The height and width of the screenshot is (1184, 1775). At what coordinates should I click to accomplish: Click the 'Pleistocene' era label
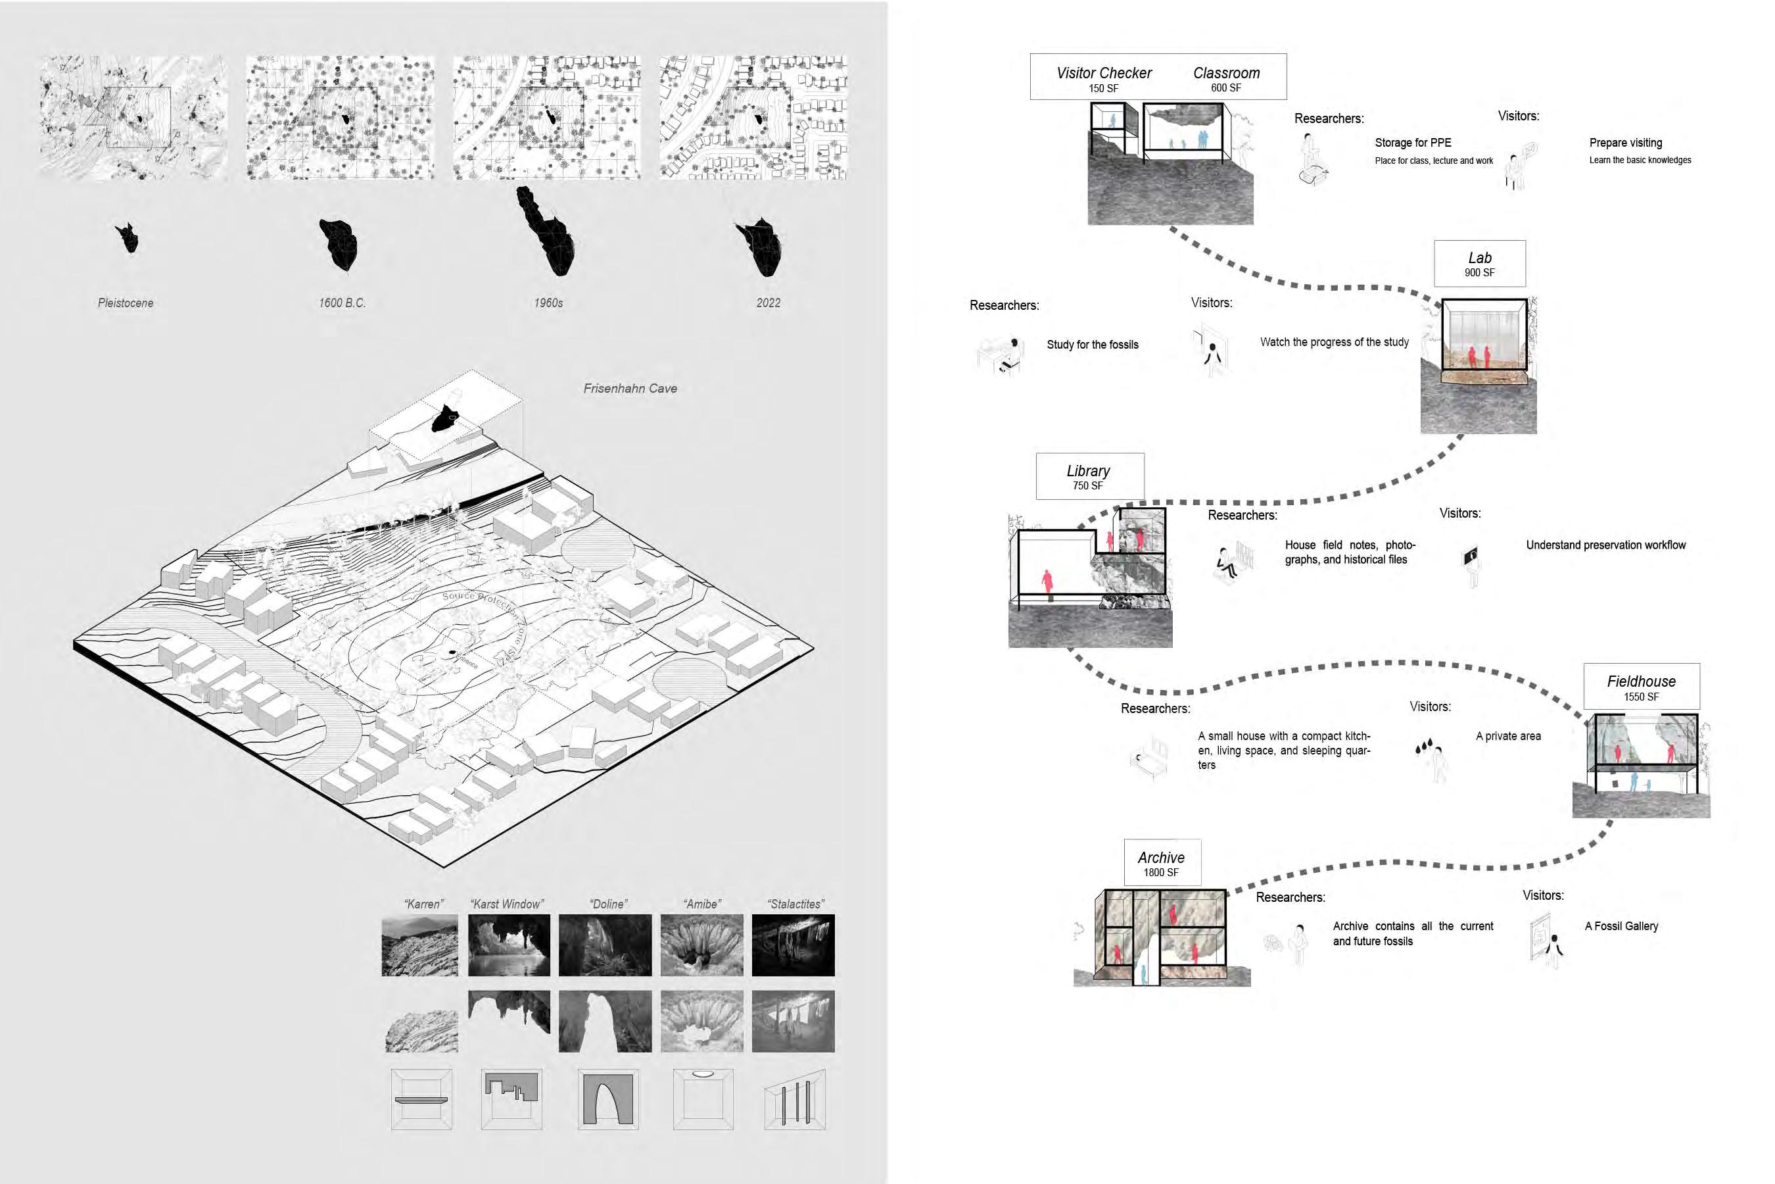coord(126,303)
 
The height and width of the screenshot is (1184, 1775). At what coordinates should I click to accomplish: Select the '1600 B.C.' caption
coord(342,303)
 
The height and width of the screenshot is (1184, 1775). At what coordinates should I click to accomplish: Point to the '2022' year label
coord(769,303)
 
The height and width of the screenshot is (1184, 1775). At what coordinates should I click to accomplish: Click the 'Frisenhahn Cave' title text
coord(630,388)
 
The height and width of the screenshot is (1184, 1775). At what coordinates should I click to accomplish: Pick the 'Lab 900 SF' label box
coord(1479,264)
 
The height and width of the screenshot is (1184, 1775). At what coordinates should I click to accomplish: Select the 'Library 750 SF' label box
coord(1089,476)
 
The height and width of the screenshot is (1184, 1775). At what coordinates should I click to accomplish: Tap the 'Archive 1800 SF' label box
coord(1162,862)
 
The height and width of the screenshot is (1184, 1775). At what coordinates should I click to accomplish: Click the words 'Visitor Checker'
coord(1103,73)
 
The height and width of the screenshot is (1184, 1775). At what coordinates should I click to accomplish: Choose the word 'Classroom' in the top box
coord(1226,73)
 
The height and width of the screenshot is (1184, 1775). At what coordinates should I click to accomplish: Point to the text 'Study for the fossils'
coord(1092,344)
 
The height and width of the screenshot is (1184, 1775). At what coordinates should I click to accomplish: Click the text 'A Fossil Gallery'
coord(1621,925)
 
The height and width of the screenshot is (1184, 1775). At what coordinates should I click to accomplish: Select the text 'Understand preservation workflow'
coord(1605,545)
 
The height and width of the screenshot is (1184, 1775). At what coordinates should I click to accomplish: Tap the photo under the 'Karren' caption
coord(419,945)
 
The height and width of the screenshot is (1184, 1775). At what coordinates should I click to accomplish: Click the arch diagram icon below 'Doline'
coord(607,1099)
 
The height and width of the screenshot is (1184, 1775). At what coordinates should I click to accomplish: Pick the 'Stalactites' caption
coord(795,904)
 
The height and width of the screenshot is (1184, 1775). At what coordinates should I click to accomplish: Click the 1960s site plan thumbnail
coord(547,118)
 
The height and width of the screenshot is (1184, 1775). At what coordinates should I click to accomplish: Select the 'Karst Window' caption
coord(506,904)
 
